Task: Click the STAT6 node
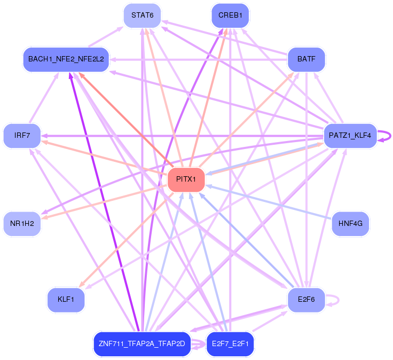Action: [142, 15]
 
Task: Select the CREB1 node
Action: [230, 15]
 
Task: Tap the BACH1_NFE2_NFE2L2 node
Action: [66, 59]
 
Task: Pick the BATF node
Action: [306, 59]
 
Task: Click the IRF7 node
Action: [22, 136]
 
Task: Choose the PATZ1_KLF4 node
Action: [350, 136]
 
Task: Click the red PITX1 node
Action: [186, 179]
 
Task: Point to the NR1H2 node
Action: [22, 224]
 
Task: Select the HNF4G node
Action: [350, 224]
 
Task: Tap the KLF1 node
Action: [66, 300]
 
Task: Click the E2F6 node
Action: [306, 300]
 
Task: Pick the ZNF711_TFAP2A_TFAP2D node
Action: [142, 343]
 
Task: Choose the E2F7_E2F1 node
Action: [230, 343]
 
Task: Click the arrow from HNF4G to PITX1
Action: [269, 201]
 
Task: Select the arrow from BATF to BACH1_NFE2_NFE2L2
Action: [198, 60]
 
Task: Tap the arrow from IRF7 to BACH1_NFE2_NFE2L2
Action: [44, 98]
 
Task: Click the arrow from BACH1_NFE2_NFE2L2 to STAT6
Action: [106, 37]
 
